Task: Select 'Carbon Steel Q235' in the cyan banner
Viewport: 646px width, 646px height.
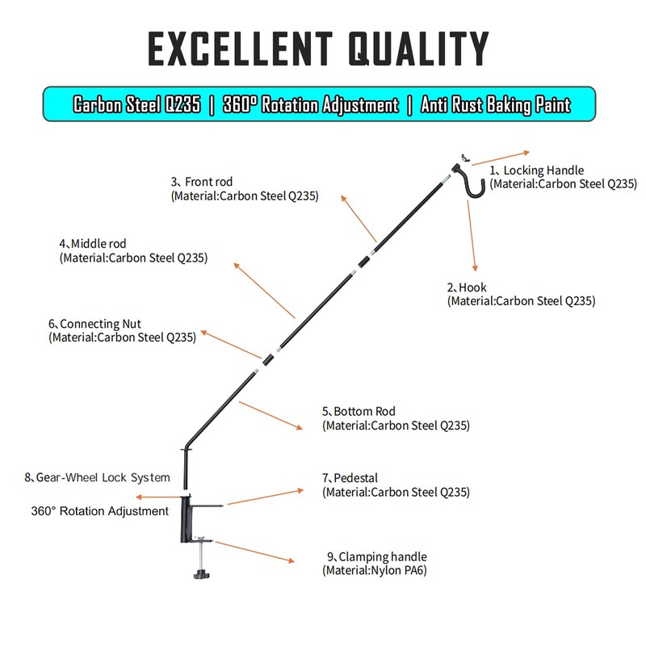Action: click(x=137, y=105)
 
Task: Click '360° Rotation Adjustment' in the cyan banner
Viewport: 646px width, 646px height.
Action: click(x=310, y=105)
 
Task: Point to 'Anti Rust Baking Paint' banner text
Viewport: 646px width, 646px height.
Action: click(x=495, y=105)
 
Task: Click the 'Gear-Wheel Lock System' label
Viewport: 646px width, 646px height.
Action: click(x=103, y=477)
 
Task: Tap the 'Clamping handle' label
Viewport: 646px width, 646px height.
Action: click(x=382, y=556)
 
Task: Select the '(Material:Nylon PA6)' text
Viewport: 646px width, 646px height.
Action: click(x=374, y=570)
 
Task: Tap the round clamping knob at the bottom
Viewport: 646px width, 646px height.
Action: click(x=201, y=574)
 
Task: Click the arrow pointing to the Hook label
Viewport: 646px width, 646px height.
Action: click(x=472, y=235)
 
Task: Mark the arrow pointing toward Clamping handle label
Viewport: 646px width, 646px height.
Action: click(x=255, y=551)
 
